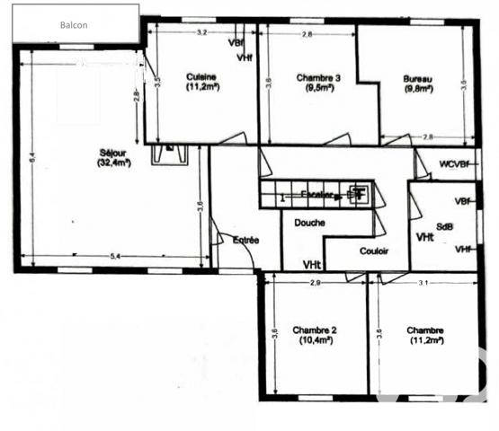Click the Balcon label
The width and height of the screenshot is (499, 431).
pos(74,25)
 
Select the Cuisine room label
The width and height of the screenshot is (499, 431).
pos(202,77)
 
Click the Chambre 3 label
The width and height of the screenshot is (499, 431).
pos(318,78)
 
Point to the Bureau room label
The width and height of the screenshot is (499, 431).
pos(419,78)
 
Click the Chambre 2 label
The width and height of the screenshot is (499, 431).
pos(314,330)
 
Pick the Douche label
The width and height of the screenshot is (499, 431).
pos(308,222)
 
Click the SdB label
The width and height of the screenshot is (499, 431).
pos(445,226)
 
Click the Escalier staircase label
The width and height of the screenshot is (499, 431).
pos(316,194)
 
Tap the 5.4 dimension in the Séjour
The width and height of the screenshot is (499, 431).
pos(115,258)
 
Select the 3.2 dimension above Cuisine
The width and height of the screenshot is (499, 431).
pos(201,32)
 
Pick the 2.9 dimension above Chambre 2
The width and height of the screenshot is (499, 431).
pos(314,284)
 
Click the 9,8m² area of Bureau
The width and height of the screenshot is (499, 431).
pos(419,89)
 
